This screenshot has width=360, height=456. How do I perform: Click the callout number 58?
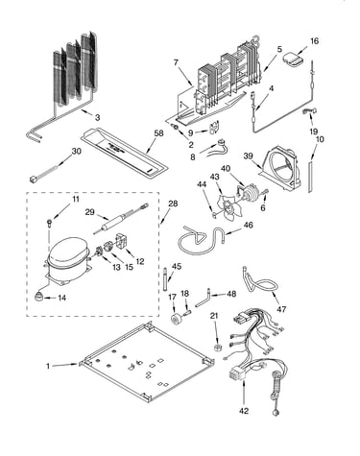point(158,133)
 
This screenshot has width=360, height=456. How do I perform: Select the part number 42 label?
point(244,411)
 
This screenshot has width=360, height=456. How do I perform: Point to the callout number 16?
point(314,41)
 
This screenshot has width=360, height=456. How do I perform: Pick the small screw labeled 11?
point(50,221)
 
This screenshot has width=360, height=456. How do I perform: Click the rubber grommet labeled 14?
point(39,297)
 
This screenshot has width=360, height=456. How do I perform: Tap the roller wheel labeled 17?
point(175,320)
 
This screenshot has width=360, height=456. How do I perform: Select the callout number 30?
point(76,151)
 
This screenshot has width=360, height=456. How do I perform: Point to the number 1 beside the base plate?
point(48,366)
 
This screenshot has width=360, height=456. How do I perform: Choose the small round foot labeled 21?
point(217,348)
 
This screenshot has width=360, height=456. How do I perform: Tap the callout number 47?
point(281,309)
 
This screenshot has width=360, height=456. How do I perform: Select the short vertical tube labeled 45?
point(166,278)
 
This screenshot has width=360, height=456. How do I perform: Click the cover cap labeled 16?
point(292,60)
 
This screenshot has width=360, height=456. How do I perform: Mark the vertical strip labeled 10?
point(310,177)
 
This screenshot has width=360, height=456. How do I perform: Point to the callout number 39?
point(248,156)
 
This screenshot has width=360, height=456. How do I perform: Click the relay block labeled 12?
point(123,241)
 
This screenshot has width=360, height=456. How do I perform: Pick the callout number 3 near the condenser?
point(97,117)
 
